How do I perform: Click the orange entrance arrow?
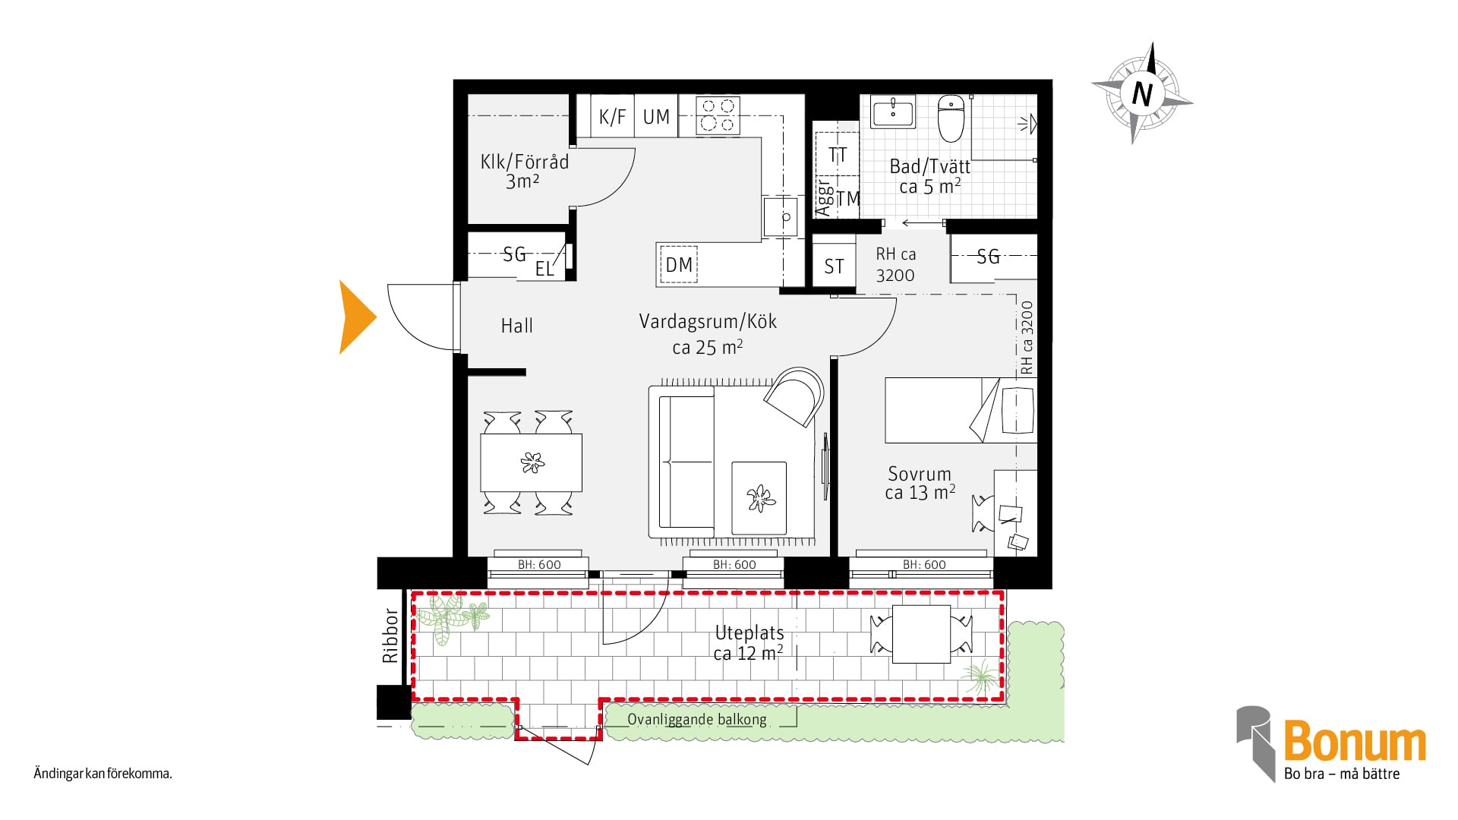click(x=355, y=317)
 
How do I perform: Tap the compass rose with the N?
click(x=1142, y=93)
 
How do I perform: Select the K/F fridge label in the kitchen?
click(x=612, y=117)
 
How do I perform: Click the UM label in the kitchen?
click(x=656, y=117)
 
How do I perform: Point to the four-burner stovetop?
click(x=718, y=115)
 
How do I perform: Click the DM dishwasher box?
click(x=678, y=265)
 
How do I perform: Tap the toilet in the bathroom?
click(x=951, y=118)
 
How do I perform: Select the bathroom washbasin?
click(x=893, y=112)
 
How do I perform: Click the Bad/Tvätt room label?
click(x=929, y=167)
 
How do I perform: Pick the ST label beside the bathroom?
click(x=834, y=266)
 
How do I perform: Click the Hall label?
click(x=516, y=326)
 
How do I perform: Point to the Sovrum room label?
click(x=920, y=474)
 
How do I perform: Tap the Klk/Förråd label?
click(x=524, y=162)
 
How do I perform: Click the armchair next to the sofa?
click(x=794, y=396)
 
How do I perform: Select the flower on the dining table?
click(x=532, y=462)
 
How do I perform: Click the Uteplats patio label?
click(x=750, y=632)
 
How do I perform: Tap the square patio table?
click(x=921, y=634)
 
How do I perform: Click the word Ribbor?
click(x=390, y=635)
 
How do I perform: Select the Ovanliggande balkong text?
click(x=697, y=719)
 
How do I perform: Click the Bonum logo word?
click(x=1355, y=741)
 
